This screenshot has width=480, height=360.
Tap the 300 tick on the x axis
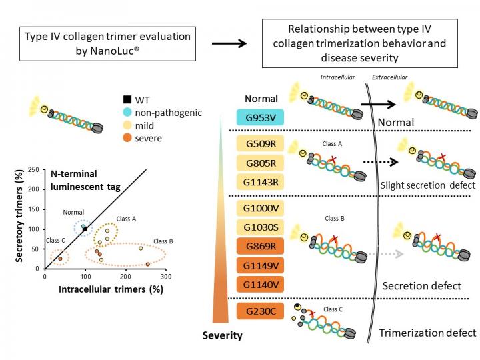[x=166, y=276]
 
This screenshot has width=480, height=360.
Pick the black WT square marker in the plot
[x=85, y=229]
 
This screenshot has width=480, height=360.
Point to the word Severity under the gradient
[x=222, y=335]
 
